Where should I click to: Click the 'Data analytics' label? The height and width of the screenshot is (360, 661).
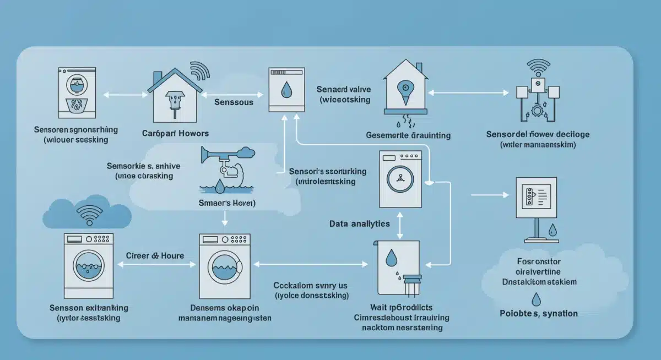pyautogui.click(x=359, y=224)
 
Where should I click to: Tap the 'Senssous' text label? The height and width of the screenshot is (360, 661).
pyautogui.click(x=234, y=102)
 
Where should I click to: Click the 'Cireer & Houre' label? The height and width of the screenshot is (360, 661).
pyautogui.click(x=155, y=256)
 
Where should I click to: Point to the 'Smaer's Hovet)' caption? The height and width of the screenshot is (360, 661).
pyautogui.click(x=223, y=203)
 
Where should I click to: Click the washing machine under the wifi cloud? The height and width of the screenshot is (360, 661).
pyautogui.click(x=89, y=265)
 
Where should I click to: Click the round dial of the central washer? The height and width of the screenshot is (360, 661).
pyautogui.click(x=400, y=178)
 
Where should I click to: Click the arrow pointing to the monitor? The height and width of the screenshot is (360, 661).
pyautogui.click(x=490, y=194)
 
